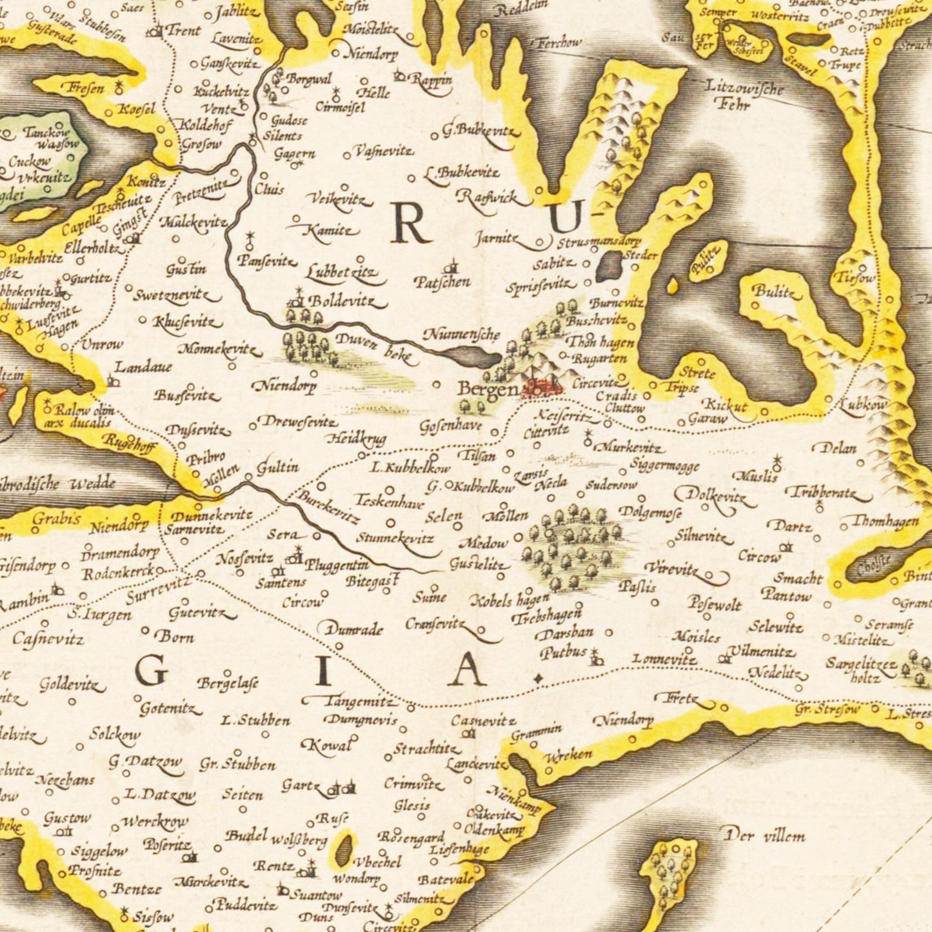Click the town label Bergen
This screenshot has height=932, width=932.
point(487,389)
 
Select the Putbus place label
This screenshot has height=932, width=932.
point(563,653)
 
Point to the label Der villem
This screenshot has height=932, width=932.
point(765,837)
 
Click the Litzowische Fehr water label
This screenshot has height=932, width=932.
point(744,94)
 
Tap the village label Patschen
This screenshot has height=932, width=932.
point(442,283)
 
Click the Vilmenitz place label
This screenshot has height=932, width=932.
point(762,651)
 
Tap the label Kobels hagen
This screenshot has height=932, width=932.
point(510,601)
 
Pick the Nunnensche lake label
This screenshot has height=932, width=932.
point(461,334)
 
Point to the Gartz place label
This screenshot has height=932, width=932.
point(301,786)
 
